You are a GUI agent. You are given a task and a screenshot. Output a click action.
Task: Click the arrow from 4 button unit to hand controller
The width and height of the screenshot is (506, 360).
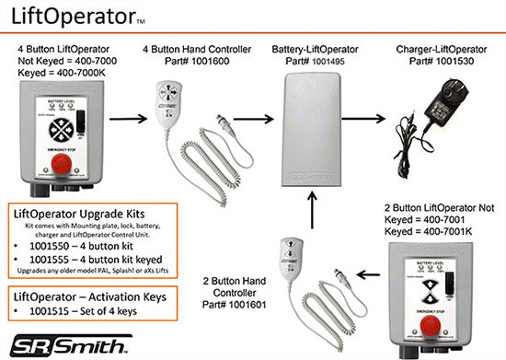point(135,118)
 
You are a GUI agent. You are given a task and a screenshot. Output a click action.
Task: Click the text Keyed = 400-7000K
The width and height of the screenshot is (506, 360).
point(63,70)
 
